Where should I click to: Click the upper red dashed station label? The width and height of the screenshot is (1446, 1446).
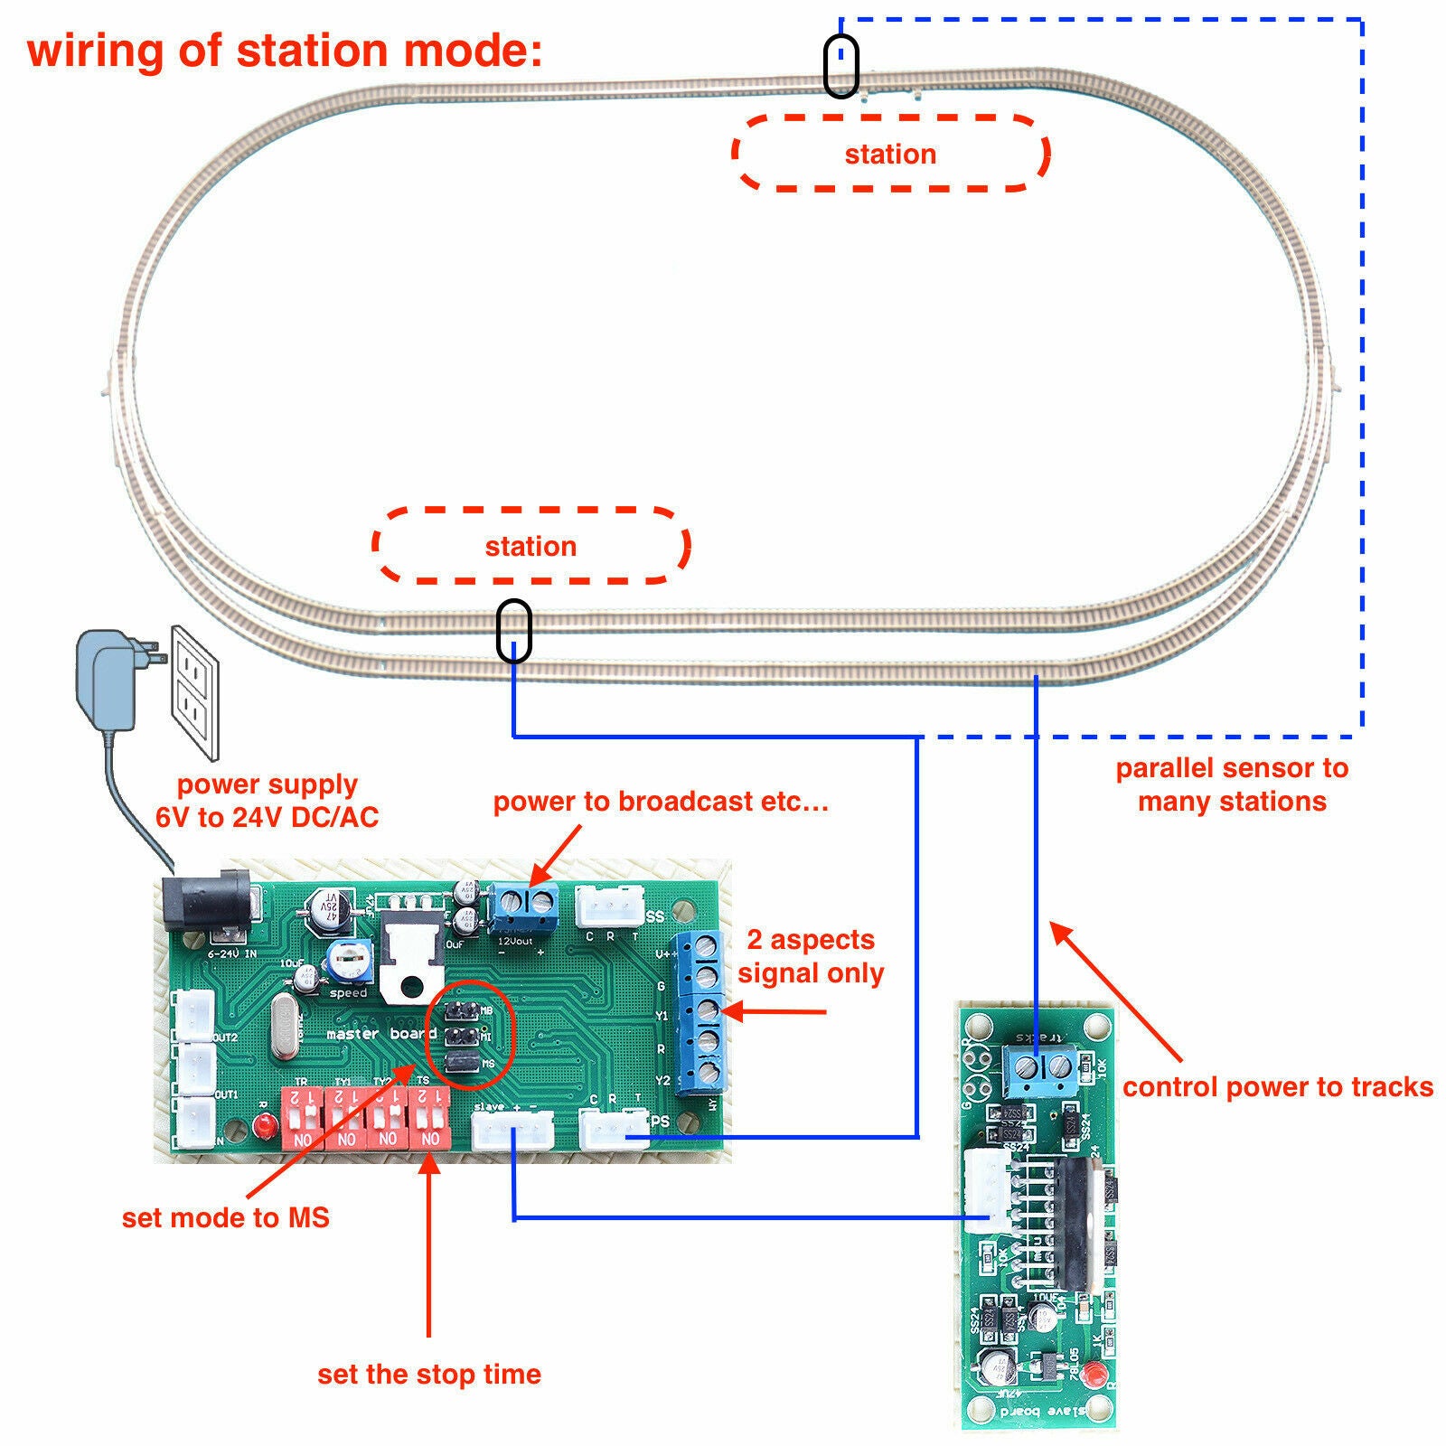coord(890,154)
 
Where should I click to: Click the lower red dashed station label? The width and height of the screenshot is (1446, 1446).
coord(531,546)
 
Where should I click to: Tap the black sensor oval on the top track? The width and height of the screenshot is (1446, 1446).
coord(840,66)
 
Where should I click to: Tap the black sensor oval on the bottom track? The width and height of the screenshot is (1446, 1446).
coord(513,631)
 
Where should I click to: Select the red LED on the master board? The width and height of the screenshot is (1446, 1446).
coord(265,1127)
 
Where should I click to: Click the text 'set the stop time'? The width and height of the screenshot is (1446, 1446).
coord(429,1375)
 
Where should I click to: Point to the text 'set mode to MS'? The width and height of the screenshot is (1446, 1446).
coord(225,1217)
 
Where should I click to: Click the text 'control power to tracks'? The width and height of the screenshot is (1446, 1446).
coord(1277,1086)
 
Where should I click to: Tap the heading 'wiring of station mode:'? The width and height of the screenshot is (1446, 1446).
coord(285,50)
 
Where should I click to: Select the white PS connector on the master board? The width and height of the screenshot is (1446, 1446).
coord(614,1130)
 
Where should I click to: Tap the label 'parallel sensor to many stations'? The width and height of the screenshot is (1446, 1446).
coord(1232,784)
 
